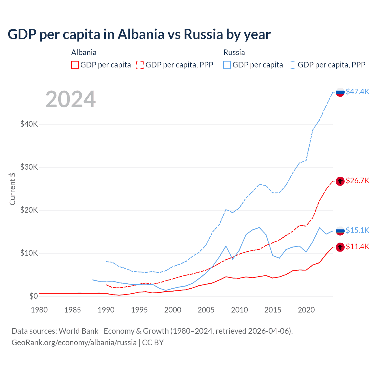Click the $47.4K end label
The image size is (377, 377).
pyautogui.click(x=357, y=92)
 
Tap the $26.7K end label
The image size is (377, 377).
pyautogui.click(x=357, y=181)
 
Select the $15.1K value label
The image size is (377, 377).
pyautogui.click(x=357, y=230)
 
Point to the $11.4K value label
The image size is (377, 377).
pyautogui.click(x=357, y=247)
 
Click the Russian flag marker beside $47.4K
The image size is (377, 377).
pyautogui.click(x=340, y=92)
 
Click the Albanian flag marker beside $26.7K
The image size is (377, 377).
pyautogui.click(x=340, y=181)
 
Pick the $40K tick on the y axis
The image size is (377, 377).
pyautogui.click(x=29, y=124)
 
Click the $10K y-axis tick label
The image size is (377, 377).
pyautogui.click(x=29, y=253)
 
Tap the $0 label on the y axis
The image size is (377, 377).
pyautogui.click(x=34, y=296)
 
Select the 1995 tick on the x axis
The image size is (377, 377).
pyautogui.click(x=139, y=310)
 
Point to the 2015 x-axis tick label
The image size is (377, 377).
pyautogui.click(x=273, y=310)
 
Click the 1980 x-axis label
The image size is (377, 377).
pyautogui.click(x=39, y=310)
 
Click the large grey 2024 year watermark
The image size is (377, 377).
pyautogui.click(x=71, y=99)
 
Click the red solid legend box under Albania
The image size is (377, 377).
pyautogui.click(x=75, y=65)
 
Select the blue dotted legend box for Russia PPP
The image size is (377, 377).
pyautogui.click(x=292, y=65)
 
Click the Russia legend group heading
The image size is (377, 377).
pyautogui.click(x=234, y=52)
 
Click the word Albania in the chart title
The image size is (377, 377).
pyautogui.click(x=141, y=34)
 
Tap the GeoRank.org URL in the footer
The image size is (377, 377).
pyautogui.click(x=74, y=343)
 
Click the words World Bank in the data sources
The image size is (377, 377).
pyautogui.click(x=78, y=331)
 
